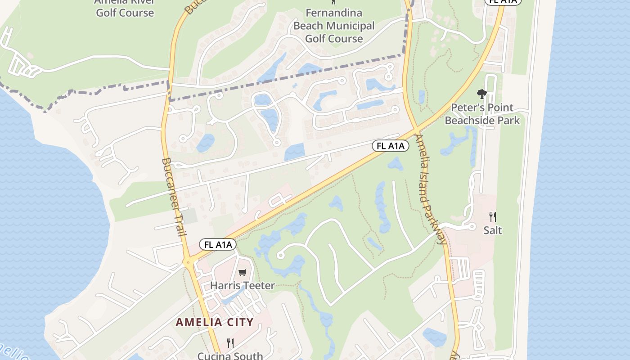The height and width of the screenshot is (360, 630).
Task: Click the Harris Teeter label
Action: [x=242, y=285]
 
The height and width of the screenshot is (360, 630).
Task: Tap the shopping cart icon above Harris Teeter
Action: [x=243, y=272]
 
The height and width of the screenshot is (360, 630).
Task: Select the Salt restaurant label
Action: [x=492, y=230]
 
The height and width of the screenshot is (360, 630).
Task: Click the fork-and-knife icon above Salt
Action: [x=493, y=217]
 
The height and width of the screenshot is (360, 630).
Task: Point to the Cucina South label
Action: [x=230, y=355]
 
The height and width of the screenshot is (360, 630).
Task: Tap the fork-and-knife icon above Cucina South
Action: [x=230, y=343]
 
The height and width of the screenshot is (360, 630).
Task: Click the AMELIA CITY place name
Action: [x=215, y=322]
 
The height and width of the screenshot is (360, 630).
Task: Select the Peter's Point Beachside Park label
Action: [x=482, y=114]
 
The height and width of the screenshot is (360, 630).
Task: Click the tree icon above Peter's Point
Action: [x=482, y=94]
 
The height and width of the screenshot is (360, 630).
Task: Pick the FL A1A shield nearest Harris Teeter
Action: [x=218, y=245]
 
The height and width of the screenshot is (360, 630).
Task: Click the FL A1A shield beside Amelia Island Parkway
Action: [x=390, y=146]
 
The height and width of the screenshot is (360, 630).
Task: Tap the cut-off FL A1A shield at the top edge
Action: [x=503, y=2]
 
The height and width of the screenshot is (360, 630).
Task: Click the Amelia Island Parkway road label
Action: [x=431, y=189]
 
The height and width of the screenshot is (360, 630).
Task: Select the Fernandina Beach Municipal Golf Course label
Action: [x=334, y=26]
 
